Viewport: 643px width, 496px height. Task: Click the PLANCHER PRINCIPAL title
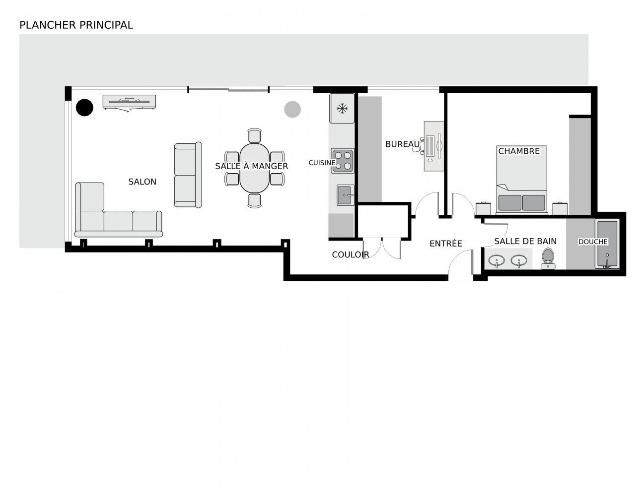[x=76, y=25]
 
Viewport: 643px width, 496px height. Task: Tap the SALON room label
[x=143, y=182]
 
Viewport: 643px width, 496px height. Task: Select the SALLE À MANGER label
[x=252, y=166]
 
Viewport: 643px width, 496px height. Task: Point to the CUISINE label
[x=322, y=163]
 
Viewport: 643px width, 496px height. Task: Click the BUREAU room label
[x=402, y=144]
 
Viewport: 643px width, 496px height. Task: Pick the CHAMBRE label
[x=519, y=151]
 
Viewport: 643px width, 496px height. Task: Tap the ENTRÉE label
[x=446, y=244]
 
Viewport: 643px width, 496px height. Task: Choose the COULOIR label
[x=351, y=254]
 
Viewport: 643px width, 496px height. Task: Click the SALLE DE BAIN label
[x=525, y=242]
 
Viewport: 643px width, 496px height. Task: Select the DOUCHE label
[x=593, y=242]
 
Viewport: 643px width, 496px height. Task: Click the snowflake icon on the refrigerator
[x=343, y=109]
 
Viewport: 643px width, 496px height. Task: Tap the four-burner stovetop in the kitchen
[x=343, y=161]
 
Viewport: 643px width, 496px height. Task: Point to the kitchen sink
[x=345, y=195]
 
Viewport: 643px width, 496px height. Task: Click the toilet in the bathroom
[x=548, y=258]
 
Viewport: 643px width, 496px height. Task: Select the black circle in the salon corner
[x=84, y=107]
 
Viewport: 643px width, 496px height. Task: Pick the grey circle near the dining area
[x=292, y=110]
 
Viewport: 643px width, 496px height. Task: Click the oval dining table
[x=255, y=168]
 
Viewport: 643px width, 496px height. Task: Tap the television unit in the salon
[x=129, y=102]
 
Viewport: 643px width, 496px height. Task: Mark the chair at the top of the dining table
[x=255, y=135]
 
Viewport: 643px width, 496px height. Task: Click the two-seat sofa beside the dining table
[x=188, y=175]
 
